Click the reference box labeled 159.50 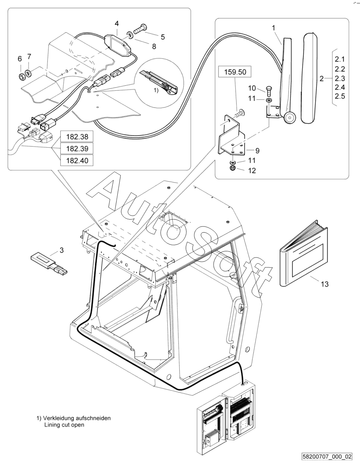tap(235, 72)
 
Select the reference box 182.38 tap(77, 137)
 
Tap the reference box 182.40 tap(77, 160)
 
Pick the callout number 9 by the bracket tap(257, 151)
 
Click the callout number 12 tap(252, 171)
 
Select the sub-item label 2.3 tap(340, 78)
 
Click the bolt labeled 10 tap(268, 91)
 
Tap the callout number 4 tap(117, 23)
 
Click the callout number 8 tap(154, 46)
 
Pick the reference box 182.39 tap(77, 148)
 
